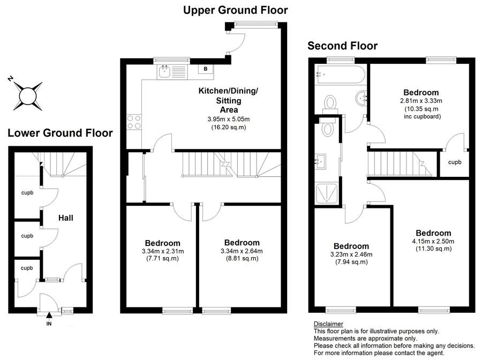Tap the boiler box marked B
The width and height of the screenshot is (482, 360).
206,69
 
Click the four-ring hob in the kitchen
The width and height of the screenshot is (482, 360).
134,122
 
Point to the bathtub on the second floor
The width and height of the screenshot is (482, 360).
341,74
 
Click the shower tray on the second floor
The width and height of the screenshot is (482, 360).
327,193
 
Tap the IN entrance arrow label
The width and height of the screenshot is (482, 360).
49,324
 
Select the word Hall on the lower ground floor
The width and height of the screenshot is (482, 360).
66,218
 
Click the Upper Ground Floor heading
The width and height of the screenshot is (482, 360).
236,10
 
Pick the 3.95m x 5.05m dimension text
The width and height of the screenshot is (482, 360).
228,119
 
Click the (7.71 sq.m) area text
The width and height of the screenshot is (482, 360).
162,258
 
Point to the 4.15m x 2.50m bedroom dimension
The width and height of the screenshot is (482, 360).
433,241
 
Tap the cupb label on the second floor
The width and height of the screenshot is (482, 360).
455,162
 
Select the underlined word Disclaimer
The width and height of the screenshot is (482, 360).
328,324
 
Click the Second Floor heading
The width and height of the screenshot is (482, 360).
342,46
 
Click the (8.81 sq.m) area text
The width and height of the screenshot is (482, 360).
242,258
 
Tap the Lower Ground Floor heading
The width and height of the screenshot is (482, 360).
60,133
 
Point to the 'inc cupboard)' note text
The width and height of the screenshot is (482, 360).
423,116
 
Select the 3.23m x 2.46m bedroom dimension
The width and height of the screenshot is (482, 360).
351,254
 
